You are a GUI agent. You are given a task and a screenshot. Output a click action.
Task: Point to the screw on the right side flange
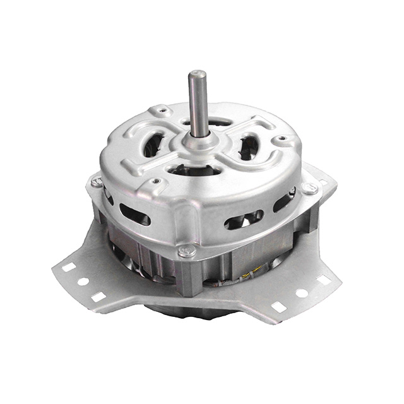pos(309,188)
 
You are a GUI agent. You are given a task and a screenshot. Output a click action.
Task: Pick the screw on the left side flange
pos(97,182)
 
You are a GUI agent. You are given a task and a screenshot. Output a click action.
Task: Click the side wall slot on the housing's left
pos(134,214)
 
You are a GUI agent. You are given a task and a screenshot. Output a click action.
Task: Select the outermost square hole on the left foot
pos(68,267)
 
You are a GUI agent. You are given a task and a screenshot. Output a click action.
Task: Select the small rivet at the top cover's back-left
pos(163,111)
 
